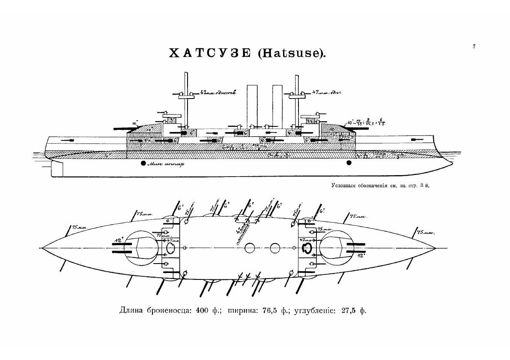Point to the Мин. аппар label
coord(163,165)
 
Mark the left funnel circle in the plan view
coord(251,248)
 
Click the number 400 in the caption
coord(202,311)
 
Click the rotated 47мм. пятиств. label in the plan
coord(242,232)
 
